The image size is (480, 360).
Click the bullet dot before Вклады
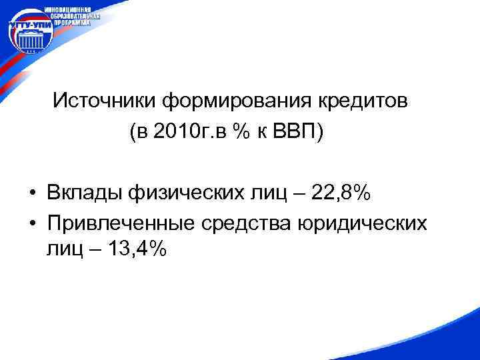32,195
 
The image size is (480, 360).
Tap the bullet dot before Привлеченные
32,223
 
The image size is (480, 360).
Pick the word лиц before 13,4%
63,249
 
